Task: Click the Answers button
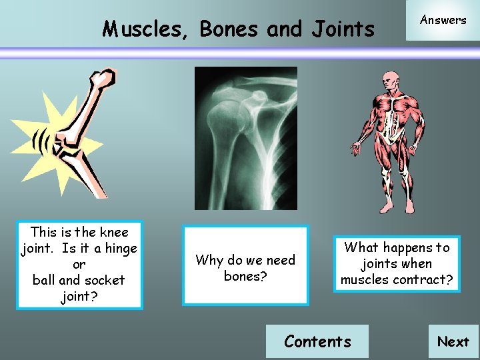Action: point(443,20)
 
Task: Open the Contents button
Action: point(317,341)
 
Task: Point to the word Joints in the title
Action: point(342,29)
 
